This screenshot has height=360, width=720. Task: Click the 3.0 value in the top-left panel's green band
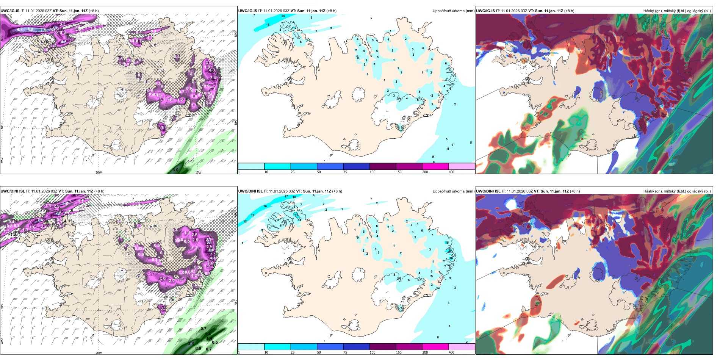click(x=175, y=170)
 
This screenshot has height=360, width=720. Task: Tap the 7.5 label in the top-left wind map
click(x=43, y=30)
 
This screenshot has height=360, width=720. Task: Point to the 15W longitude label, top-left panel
click(x=198, y=172)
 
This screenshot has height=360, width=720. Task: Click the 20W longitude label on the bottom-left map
click(x=99, y=353)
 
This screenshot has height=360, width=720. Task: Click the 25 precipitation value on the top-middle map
click(x=283, y=16)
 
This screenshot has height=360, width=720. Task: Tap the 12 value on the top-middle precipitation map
click(x=294, y=28)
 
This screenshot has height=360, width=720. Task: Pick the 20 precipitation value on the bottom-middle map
click(x=450, y=250)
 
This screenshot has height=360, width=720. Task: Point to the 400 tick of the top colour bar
click(x=451, y=172)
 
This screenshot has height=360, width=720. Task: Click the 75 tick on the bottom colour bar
click(x=345, y=352)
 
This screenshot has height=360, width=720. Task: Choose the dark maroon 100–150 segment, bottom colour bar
click(x=383, y=347)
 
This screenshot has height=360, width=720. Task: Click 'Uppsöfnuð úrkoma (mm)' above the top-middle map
click(x=453, y=11)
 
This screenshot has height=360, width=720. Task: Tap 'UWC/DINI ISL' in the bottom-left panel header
click(x=13, y=191)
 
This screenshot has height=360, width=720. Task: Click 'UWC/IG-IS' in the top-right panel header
click(x=485, y=11)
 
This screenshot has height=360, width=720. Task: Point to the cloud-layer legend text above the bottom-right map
click(x=677, y=191)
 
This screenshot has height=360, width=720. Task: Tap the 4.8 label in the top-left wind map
click(x=64, y=42)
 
